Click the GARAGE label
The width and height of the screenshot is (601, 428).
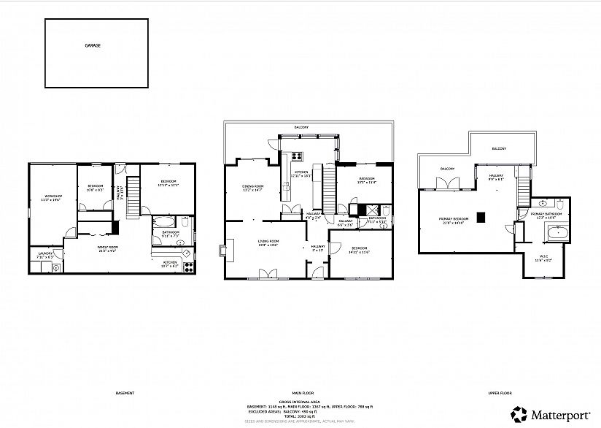(93, 45)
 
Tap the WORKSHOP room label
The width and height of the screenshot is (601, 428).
(53, 196)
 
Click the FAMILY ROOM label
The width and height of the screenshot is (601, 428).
(108, 249)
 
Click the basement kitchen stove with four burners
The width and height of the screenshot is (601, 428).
(186, 253)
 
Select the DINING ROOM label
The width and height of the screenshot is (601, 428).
(252, 188)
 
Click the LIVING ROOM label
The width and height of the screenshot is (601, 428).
(269, 243)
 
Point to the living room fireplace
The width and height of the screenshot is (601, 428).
(221, 251)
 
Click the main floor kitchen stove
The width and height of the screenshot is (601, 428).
(298, 156)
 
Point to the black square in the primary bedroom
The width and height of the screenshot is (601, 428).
(481, 217)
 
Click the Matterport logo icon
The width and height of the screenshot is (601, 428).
(518, 414)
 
